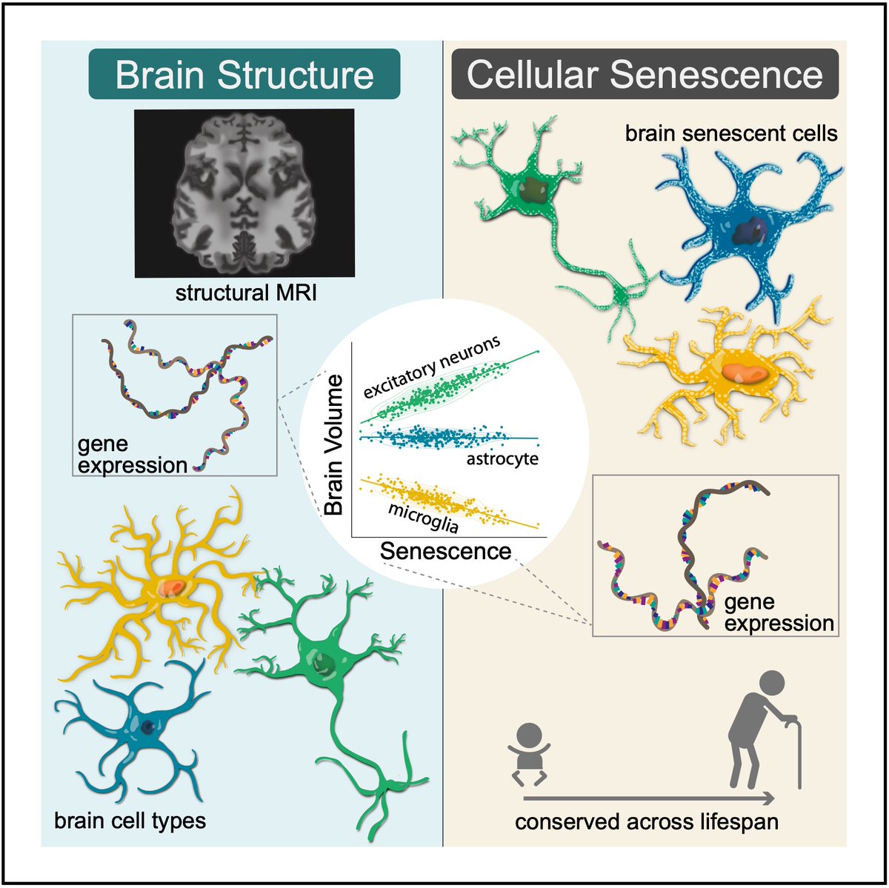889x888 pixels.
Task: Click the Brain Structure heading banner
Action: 244,74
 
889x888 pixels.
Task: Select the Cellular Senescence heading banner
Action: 645,74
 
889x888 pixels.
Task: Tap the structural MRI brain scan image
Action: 244,193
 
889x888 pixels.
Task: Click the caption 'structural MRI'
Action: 246,293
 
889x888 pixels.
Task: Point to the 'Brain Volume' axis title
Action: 334,444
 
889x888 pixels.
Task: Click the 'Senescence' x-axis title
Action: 445,551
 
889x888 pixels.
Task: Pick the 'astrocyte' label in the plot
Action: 502,459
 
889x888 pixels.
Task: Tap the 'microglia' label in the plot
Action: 423,517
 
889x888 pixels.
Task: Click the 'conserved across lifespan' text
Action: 647,822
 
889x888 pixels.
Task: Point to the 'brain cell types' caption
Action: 130,820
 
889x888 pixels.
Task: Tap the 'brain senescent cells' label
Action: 731,133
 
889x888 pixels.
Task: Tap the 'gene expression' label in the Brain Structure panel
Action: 132,455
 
